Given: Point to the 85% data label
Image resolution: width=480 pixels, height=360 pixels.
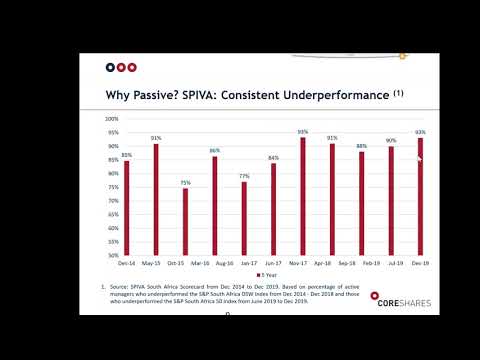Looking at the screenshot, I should click(126, 155).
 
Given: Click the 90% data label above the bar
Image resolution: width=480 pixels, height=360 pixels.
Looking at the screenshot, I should click(391, 141).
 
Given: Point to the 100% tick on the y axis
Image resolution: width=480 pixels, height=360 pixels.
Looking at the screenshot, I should click(112, 119).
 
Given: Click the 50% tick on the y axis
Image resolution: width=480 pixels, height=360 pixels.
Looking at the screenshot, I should click(113, 255).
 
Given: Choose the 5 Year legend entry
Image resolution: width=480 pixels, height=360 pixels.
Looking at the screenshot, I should click(271, 274).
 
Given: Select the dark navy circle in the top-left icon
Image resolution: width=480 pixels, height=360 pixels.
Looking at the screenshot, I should click(110, 68).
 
